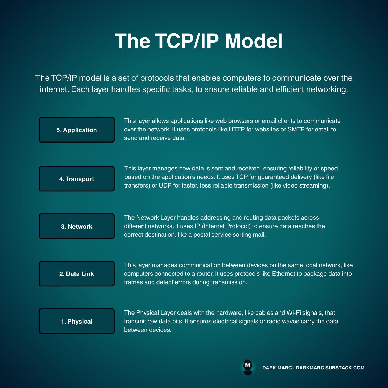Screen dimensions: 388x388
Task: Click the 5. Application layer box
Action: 77,130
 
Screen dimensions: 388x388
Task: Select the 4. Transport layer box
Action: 77,179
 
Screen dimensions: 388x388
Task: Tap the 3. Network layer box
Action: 77,226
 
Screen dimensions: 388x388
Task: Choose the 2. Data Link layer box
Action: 77,274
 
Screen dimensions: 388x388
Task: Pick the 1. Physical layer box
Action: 77,321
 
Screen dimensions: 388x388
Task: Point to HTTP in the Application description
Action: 237,129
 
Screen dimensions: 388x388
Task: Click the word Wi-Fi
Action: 294,313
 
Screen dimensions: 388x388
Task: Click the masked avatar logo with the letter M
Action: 248,367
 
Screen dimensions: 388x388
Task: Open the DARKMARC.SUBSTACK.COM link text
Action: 330,368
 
